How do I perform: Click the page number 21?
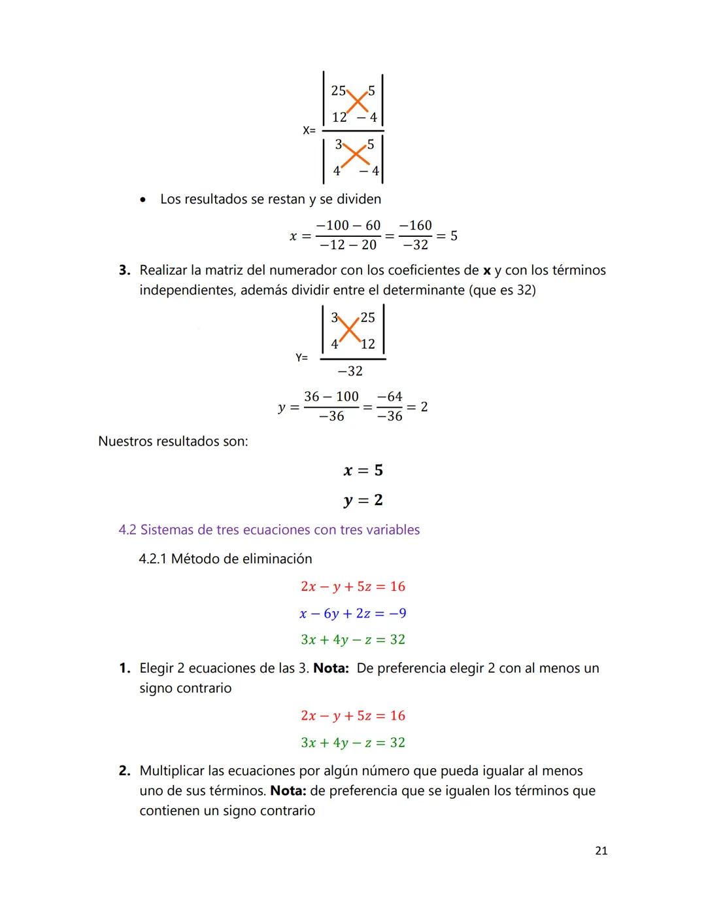pyautogui.click(x=601, y=851)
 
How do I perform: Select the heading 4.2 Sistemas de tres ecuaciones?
pyautogui.click(x=269, y=530)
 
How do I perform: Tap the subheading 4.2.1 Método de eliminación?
pyautogui.click(x=225, y=559)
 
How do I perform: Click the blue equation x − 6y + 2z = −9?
pyautogui.click(x=352, y=613)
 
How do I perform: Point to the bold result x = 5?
pyautogui.click(x=363, y=470)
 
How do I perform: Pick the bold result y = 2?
pyautogui.click(x=363, y=501)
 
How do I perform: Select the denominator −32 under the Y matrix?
pyautogui.click(x=350, y=371)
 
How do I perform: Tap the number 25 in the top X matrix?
pyautogui.click(x=338, y=91)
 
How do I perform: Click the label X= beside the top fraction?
pyautogui.click(x=309, y=130)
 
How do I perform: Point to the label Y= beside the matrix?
pyautogui.click(x=301, y=358)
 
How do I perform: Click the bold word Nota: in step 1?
pyautogui.click(x=331, y=668)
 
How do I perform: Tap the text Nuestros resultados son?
pyautogui.click(x=173, y=441)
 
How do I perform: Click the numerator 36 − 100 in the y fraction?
pyautogui.click(x=331, y=396)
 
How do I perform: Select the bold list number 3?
pyautogui.click(x=124, y=270)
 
